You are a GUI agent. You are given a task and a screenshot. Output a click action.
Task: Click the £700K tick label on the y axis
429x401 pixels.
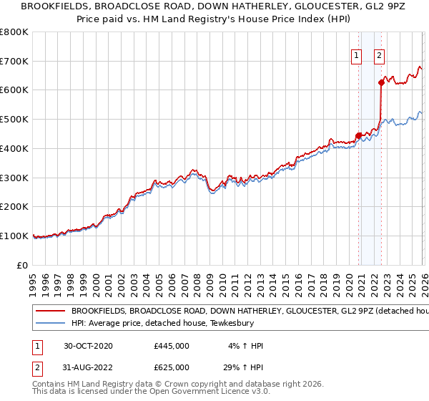coord(14,61)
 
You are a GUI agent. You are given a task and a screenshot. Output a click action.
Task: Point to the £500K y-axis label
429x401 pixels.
coord(14,120)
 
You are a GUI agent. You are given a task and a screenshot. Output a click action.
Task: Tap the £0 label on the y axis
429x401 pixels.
coord(23,265)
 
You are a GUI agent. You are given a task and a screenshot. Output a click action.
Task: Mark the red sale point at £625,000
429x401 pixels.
coord(381,83)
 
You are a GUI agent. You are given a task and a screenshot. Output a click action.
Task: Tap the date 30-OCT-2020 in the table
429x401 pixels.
coord(88,345)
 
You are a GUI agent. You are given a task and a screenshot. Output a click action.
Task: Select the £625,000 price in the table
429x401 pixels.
coord(172,367)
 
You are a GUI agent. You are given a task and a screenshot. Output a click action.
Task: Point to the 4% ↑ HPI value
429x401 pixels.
coord(245,345)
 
